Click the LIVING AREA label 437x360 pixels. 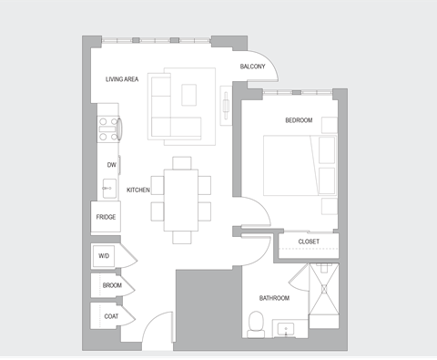(121, 80)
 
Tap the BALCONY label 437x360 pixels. (252, 68)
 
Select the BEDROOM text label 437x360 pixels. (298, 121)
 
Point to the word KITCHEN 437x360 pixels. (137, 190)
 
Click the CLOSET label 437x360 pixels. (309, 242)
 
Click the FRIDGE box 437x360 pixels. (105, 217)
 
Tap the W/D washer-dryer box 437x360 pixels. (104, 257)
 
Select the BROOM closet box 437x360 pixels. (111, 285)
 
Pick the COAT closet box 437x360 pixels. (111, 316)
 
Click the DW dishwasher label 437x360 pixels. (111, 165)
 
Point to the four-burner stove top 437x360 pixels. (109, 130)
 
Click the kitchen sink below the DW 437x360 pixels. (108, 189)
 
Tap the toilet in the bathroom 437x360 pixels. (257, 322)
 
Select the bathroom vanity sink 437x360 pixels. (289, 327)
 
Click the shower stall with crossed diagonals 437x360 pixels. (323, 296)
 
